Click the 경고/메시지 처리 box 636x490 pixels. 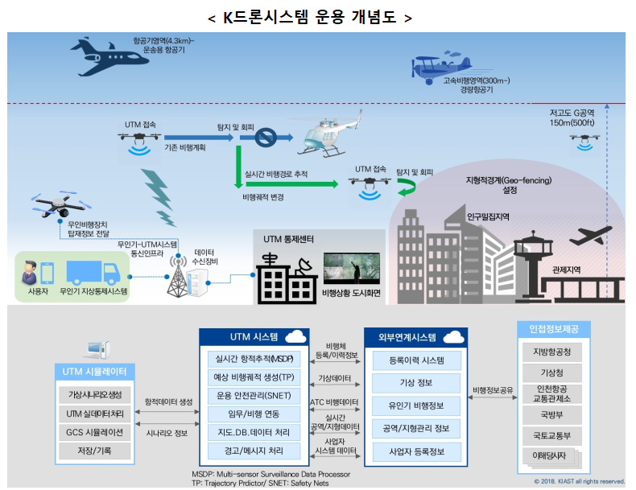[254, 451]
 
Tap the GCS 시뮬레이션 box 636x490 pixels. [95, 432]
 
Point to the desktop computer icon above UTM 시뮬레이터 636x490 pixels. [95, 350]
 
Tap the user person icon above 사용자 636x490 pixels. [31, 271]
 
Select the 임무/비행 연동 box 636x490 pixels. [254, 414]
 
